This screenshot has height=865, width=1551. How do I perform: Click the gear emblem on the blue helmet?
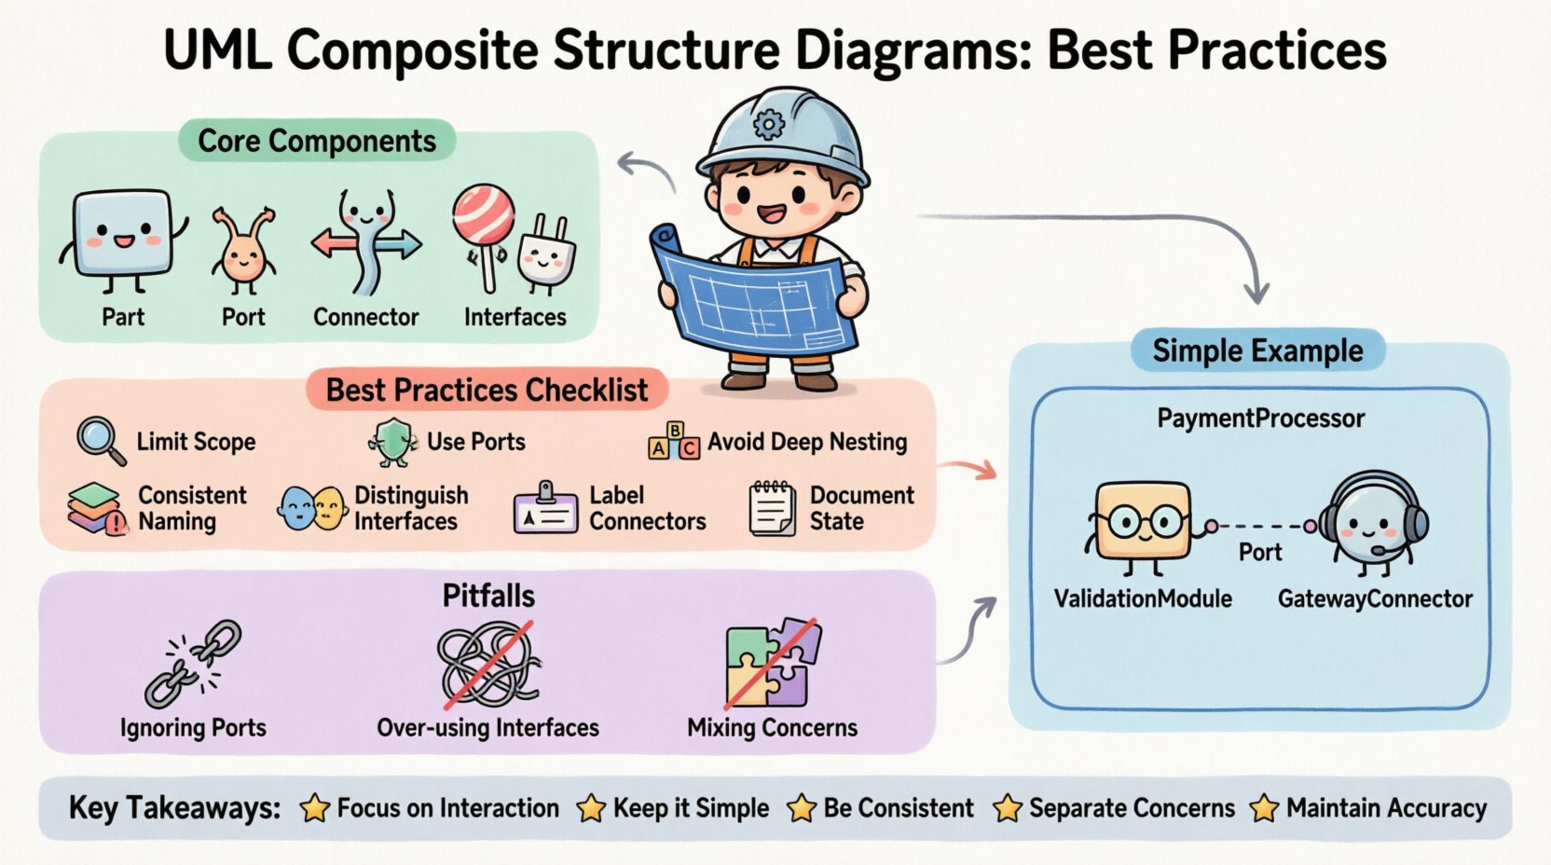pos(769,123)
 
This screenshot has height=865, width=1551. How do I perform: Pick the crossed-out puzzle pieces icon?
pos(772,664)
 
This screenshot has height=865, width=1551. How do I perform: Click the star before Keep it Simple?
pos(591,808)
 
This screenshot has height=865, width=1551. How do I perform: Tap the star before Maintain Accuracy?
pos(1264,808)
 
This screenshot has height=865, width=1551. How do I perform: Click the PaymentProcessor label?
pos(1260,419)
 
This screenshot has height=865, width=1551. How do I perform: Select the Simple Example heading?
pos(1257,350)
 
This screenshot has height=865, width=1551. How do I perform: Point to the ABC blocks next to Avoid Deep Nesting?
pos(673,441)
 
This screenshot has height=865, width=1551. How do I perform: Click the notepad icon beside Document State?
pos(772,508)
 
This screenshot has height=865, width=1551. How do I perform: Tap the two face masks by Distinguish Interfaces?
pos(312,509)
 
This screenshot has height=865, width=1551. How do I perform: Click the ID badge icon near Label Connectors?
pos(546,509)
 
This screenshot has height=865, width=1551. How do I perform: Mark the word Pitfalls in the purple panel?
pos(488,596)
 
